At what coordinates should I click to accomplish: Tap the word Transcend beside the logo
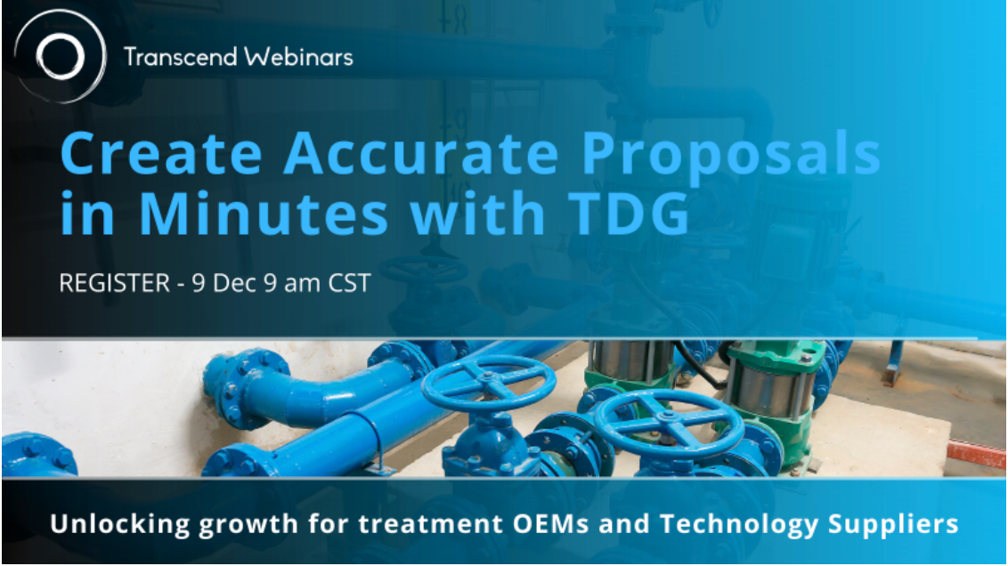click(181, 57)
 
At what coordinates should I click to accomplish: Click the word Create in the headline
click(161, 153)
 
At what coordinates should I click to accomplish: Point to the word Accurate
click(422, 153)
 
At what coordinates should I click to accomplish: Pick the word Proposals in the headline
click(731, 155)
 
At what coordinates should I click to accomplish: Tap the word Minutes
click(264, 213)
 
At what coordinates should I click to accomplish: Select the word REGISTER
click(115, 283)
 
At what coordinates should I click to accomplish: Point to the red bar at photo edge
click(976, 454)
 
